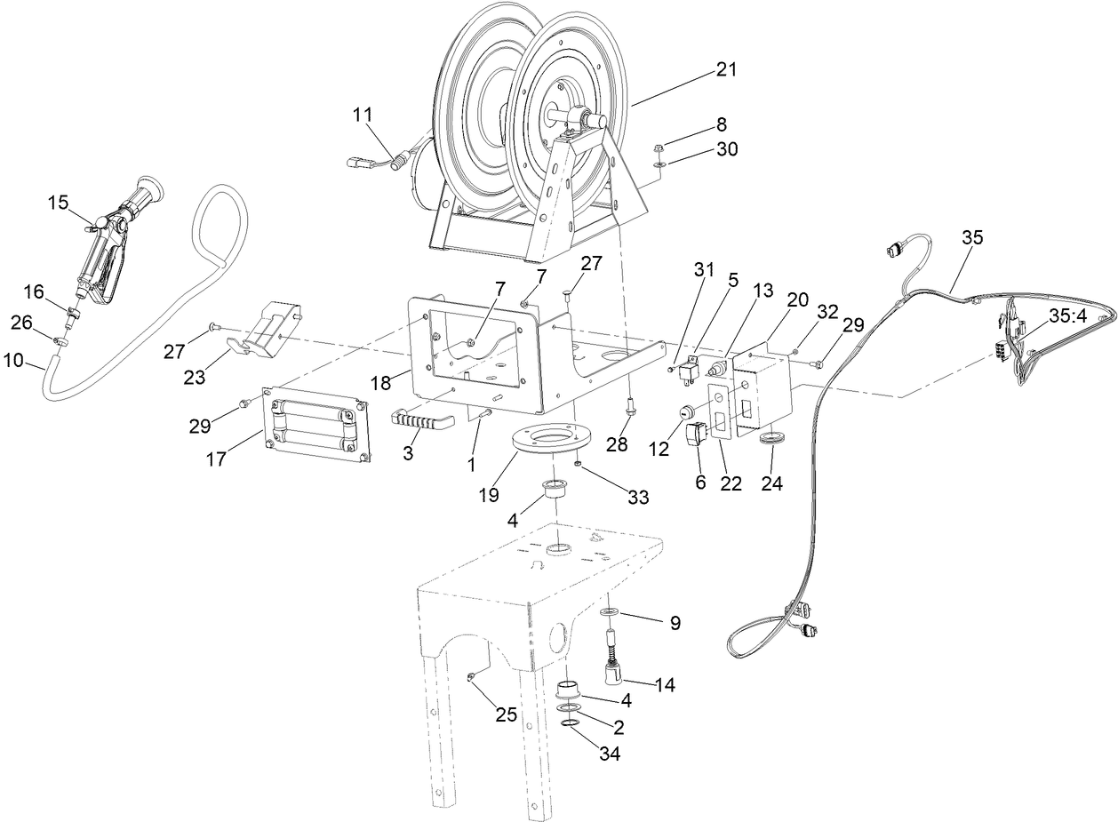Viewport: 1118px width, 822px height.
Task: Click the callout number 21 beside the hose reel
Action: click(726, 69)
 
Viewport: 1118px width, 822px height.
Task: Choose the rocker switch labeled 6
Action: click(697, 434)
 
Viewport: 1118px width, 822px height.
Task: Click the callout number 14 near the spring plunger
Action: click(663, 685)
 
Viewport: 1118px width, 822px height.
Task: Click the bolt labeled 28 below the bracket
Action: click(628, 407)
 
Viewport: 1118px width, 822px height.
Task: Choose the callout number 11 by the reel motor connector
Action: click(363, 115)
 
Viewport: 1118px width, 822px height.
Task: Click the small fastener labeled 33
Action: click(578, 463)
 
